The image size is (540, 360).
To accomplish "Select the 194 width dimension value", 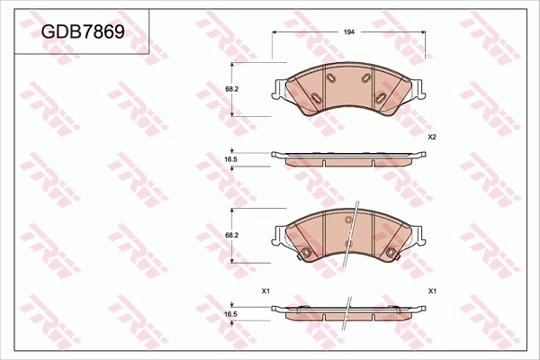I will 349,31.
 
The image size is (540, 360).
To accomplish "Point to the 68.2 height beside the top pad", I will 230,90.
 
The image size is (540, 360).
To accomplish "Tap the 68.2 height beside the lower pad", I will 230,235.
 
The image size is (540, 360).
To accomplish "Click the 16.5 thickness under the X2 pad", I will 230,159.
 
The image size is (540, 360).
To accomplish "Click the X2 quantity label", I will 432,137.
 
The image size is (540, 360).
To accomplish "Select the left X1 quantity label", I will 265,292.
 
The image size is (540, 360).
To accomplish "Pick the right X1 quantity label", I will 432,292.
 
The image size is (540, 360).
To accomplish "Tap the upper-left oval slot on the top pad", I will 329,80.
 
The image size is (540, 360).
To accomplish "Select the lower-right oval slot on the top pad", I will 382,97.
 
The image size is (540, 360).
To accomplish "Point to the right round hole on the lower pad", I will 392,251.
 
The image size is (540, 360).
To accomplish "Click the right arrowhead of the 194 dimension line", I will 424,31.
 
